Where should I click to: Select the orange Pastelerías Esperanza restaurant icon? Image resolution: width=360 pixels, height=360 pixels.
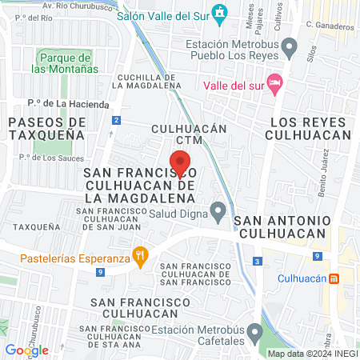pos(142,258)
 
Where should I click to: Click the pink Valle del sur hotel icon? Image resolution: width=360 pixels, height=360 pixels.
pos(275,83)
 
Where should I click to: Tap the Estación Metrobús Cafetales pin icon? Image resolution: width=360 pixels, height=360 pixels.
pos(255,331)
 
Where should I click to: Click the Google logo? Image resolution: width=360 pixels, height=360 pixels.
pos(26,350)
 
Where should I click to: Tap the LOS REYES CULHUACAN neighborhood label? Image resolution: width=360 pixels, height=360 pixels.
pos(310,128)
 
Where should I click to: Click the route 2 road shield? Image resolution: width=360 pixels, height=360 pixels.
pos(117,120)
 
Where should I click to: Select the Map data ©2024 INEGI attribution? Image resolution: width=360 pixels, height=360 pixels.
pos(312,354)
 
